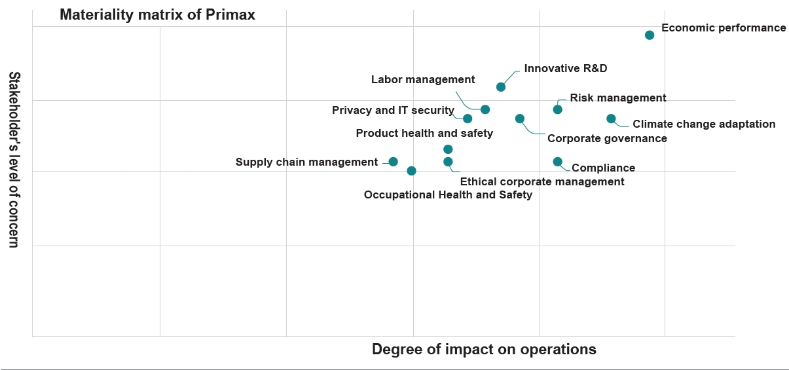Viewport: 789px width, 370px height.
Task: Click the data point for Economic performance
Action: click(650, 35)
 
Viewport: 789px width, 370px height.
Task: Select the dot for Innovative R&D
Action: click(501, 87)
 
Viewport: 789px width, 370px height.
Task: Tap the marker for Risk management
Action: click(558, 109)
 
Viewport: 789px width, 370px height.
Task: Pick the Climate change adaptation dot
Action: click(611, 119)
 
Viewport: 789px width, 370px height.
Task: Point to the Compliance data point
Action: click(558, 162)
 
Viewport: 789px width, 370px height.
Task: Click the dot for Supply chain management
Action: click(394, 162)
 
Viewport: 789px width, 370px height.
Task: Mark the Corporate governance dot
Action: click(520, 119)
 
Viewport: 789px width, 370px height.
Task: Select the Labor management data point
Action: click(485, 109)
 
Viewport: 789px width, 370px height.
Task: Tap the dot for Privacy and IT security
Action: click(468, 119)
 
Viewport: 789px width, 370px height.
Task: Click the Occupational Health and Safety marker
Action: click(411, 171)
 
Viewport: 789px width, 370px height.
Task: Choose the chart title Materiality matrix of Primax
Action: click(157, 15)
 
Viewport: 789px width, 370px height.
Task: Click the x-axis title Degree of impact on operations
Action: click(484, 349)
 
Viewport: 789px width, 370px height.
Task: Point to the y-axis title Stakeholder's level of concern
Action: click(14, 160)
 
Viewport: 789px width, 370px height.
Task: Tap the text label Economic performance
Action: click(724, 28)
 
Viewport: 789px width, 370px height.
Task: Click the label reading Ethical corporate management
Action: click(542, 182)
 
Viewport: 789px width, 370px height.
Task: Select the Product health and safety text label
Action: click(424, 134)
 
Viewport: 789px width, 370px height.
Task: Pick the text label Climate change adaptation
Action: click(704, 124)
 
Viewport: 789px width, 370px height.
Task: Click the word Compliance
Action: click(603, 168)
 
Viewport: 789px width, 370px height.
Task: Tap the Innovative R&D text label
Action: click(561, 69)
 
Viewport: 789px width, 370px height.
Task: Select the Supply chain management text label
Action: click(306, 162)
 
